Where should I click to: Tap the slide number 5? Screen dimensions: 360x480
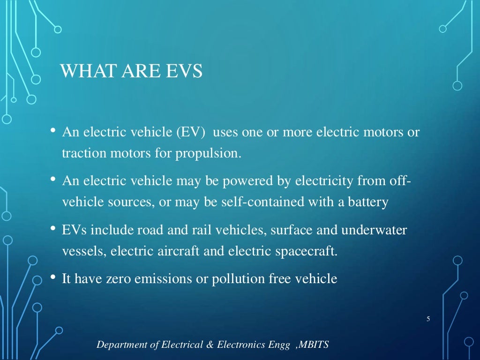click(428, 319)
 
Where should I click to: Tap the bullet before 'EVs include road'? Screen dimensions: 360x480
click(53, 230)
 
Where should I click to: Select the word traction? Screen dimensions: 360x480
click(80, 153)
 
